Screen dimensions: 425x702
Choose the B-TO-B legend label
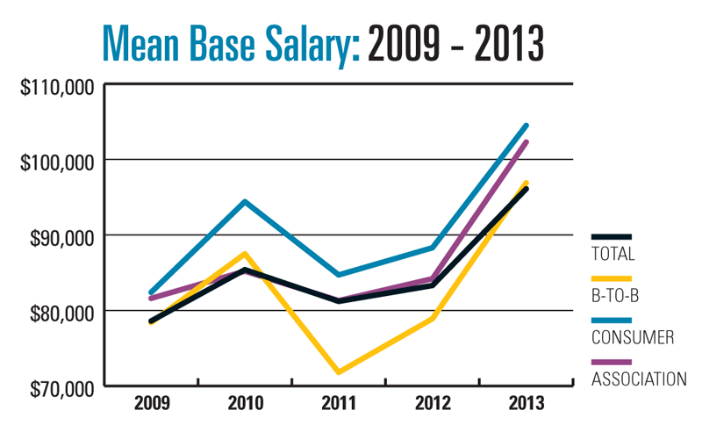pyautogui.click(x=616, y=294)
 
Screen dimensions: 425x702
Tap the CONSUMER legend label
pyautogui.click(x=634, y=336)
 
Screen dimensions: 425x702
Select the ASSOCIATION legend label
pyautogui.click(x=639, y=378)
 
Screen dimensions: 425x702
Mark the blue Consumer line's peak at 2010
pyautogui.click(x=245, y=202)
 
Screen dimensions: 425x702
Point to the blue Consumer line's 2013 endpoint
pyautogui.click(x=526, y=126)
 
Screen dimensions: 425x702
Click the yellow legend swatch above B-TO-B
pyautogui.click(x=612, y=277)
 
